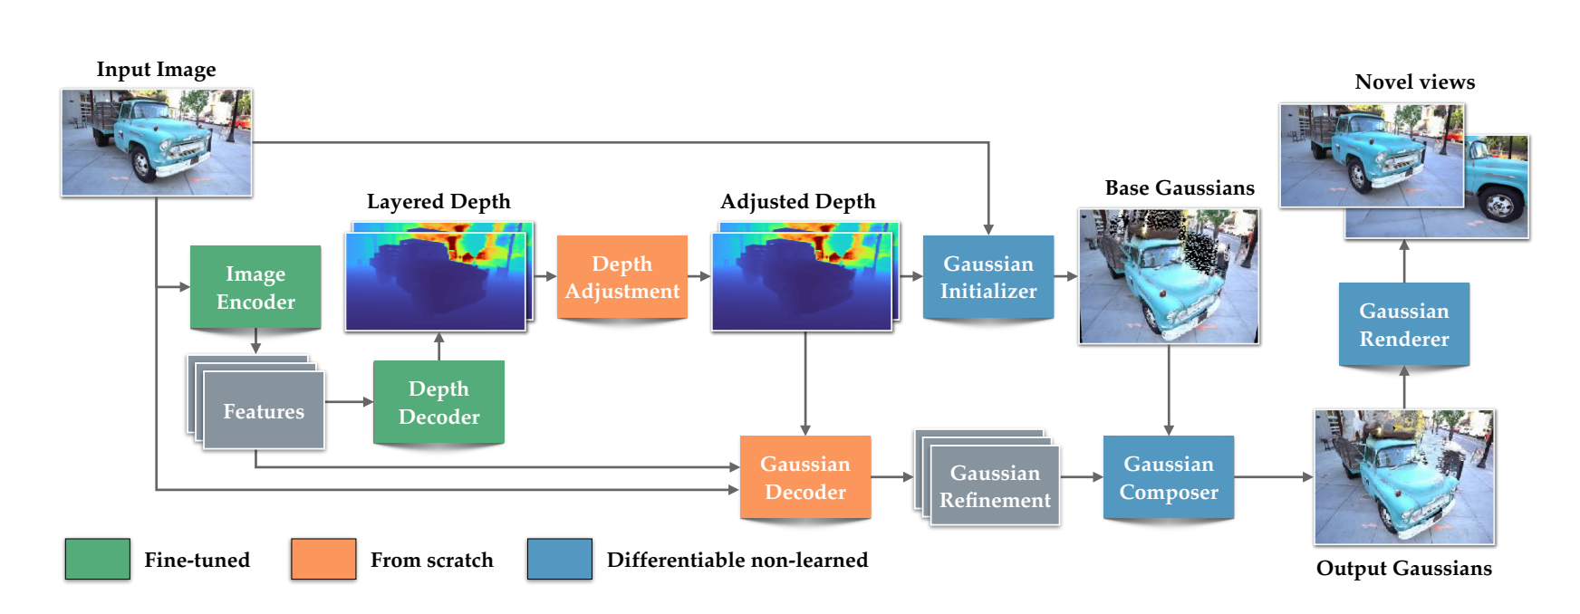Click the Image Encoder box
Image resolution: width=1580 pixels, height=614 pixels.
[x=255, y=287]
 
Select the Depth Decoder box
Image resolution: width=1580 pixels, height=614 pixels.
[x=438, y=402]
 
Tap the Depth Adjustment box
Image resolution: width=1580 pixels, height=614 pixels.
[x=622, y=277]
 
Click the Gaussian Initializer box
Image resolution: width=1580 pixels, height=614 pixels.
[x=988, y=277]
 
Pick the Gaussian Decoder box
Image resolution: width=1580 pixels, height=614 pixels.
[x=805, y=477]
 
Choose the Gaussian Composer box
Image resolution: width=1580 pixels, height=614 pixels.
[x=1169, y=477]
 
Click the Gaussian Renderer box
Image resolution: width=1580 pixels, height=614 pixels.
[x=1404, y=324]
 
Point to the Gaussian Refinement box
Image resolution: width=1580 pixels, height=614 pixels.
[x=995, y=486]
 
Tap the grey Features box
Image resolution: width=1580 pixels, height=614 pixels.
[x=264, y=411]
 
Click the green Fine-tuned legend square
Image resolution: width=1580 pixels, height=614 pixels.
[x=97, y=559]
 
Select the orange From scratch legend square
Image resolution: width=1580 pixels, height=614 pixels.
[x=323, y=559]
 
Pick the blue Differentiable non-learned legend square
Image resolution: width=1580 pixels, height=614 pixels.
[x=560, y=559]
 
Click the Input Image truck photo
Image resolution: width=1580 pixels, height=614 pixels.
[x=157, y=142]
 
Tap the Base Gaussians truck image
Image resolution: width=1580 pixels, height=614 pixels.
[x=1169, y=276]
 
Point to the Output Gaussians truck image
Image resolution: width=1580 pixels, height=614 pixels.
[x=1404, y=477]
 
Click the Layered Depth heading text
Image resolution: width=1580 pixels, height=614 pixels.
[x=438, y=201]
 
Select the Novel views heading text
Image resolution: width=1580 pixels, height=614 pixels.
[x=1414, y=82]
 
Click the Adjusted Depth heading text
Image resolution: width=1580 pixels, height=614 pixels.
[x=798, y=201]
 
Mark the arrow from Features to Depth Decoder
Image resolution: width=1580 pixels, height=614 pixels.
[x=349, y=401]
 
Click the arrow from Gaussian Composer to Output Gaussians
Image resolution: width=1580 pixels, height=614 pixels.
[x=1273, y=476]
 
